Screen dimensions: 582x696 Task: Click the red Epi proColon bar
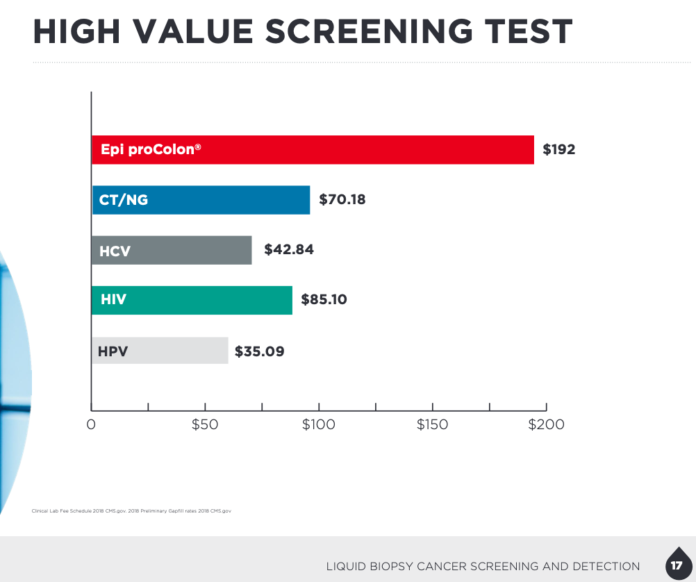(x=313, y=149)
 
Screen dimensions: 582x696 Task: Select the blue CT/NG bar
(x=201, y=200)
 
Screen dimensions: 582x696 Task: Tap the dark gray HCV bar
(x=172, y=250)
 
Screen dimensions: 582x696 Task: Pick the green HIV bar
(x=192, y=300)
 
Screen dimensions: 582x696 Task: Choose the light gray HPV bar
(x=160, y=351)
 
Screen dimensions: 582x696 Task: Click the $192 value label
(x=559, y=149)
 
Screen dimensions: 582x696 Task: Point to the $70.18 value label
(x=342, y=200)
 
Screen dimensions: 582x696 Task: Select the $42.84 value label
(x=289, y=249)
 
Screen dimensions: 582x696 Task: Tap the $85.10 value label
(x=324, y=300)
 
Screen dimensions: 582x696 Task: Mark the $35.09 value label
(x=260, y=351)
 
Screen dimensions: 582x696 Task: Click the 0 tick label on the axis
(x=91, y=424)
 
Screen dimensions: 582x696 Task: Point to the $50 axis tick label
(x=205, y=424)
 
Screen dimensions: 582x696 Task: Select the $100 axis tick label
(x=319, y=424)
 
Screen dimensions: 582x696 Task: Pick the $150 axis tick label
(x=432, y=424)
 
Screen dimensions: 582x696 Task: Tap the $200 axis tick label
(x=546, y=424)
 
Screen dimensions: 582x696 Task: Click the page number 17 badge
(x=677, y=565)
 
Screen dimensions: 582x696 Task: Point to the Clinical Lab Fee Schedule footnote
(x=131, y=511)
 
